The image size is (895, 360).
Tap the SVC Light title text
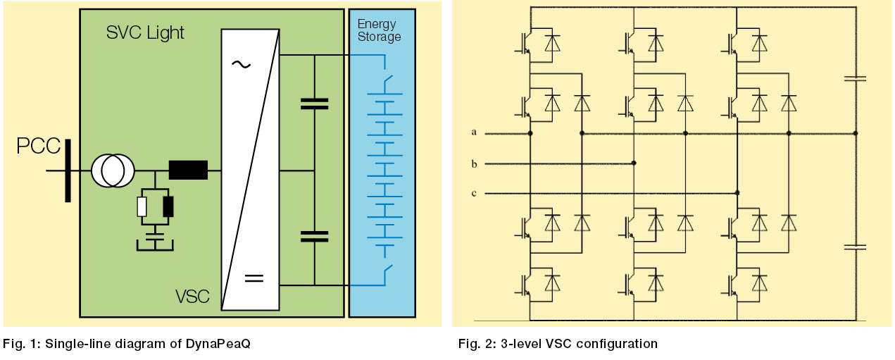(145, 32)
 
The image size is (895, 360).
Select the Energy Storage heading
(378, 30)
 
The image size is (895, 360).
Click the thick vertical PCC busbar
(68, 170)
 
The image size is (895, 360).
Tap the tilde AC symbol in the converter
(240, 64)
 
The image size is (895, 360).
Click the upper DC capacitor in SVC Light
(314, 104)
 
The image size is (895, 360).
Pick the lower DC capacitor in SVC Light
(314, 235)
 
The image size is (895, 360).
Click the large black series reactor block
(188, 170)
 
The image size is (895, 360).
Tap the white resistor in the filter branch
(142, 206)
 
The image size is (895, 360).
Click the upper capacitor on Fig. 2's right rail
(856, 79)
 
